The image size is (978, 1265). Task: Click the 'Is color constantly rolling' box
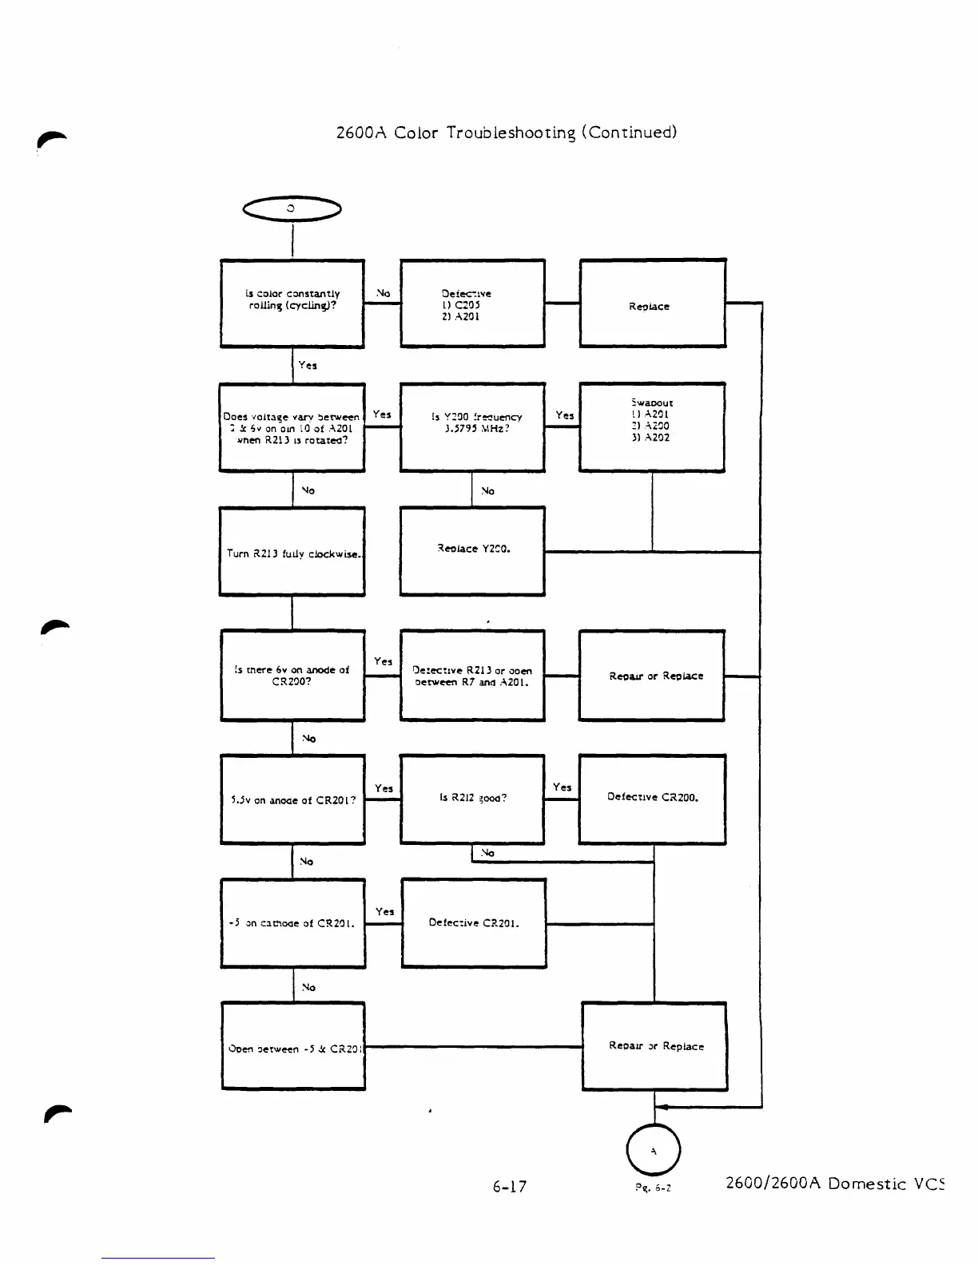[292, 303]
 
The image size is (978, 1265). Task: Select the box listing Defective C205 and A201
[472, 303]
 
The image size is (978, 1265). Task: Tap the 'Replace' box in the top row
[652, 303]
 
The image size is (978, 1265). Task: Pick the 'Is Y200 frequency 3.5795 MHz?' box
[472, 426]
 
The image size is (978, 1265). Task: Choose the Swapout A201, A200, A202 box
[651, 426]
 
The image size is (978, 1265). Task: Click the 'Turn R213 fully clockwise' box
[292, 552]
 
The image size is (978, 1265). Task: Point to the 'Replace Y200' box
[472, 550]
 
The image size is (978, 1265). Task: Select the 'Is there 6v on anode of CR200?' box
[292, 676]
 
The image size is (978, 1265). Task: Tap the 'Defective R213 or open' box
[472, 676]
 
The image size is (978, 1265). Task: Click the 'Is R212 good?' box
[472, 799]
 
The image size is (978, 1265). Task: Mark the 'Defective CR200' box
[652, 799]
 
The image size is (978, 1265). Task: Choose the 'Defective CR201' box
[474, 923]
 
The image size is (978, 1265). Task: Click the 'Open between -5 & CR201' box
[293, 1046]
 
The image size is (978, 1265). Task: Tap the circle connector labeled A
[654, 1150]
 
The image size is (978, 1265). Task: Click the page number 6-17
[510, 1186]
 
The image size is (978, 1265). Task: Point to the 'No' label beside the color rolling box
[383, 293]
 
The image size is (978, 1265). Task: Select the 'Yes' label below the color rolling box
[308, 365]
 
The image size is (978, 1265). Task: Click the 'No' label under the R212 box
[487, 853]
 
